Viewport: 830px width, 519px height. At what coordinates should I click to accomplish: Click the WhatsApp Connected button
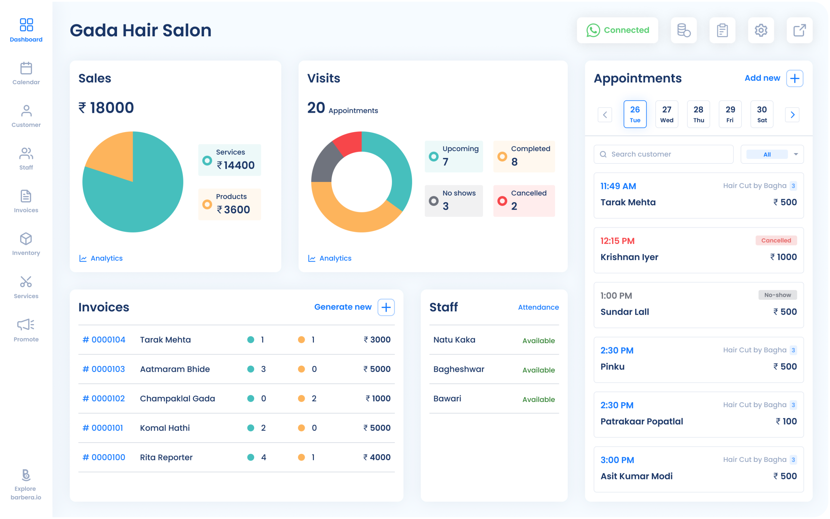(x=617, y=30)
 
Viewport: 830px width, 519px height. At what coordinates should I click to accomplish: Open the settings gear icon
(x=761, y=30)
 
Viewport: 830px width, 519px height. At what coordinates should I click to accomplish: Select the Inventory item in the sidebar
(x=26, y=244)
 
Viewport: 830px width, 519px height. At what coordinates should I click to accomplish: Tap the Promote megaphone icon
(x=26, y=325)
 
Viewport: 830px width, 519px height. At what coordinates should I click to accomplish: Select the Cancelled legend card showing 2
(x=524, y=200)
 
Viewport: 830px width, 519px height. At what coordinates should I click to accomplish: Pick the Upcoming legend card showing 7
(x=453, y=156)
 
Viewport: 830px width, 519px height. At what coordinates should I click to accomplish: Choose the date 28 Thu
(x=698, y=114)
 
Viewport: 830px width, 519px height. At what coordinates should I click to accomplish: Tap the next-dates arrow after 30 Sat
(x=792, y=115)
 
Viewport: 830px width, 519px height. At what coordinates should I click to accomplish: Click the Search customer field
(x=663, y=154)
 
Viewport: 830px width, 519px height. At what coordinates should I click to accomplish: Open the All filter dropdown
(x=772, y=154)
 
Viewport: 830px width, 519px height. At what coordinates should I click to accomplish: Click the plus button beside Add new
(x=795, y=78)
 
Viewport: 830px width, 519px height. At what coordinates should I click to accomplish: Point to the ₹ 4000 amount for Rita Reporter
(x=377, y=457)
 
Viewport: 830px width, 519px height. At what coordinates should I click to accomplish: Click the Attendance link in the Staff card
(x=538, y=307)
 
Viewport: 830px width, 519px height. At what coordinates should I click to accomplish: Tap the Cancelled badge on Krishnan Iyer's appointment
(x=776, y=240)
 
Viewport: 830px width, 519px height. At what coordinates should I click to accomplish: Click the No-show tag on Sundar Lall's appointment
(x=777, y=295)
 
